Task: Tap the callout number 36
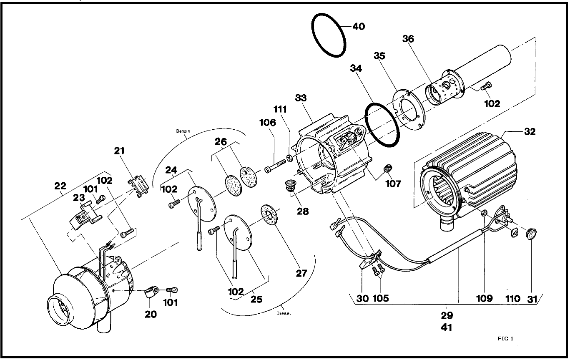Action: (408, 39)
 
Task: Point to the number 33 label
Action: (301, 98)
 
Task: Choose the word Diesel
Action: (283, 313)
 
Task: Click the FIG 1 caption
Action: (505, 338)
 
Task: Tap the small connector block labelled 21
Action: (138, 185)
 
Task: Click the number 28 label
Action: (303, 211)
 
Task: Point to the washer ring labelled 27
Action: (267, 214)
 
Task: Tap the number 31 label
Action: (531, 298)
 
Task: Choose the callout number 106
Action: (267, 123)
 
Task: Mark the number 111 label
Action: (280, 110)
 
